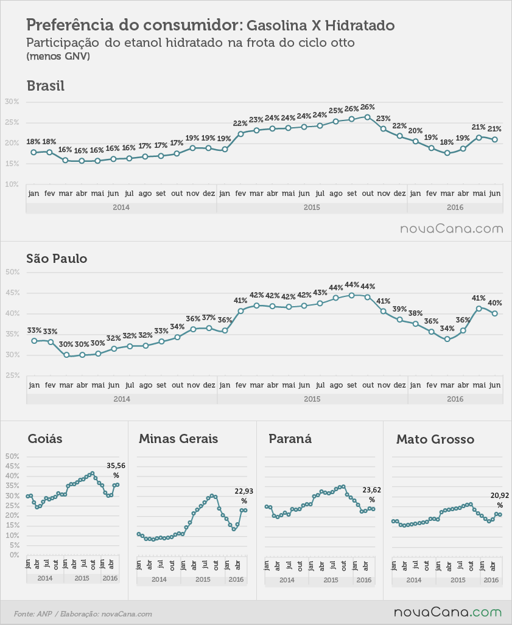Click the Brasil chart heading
(46, 86)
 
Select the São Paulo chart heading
(57, 259)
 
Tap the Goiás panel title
(45, 439)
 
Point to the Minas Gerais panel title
(178, 439)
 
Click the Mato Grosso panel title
(435, 439)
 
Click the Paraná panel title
(290, 439)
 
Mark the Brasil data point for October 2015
(368, 117)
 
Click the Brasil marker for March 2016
(447, 153)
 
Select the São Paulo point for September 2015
(351, 295)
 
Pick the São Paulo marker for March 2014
(66, 355)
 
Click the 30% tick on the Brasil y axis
(12, 102)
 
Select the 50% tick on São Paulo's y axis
(12, 272)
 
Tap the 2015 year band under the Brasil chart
(312, 208)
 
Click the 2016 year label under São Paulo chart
(455, 399)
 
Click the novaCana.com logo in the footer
(448, 612)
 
